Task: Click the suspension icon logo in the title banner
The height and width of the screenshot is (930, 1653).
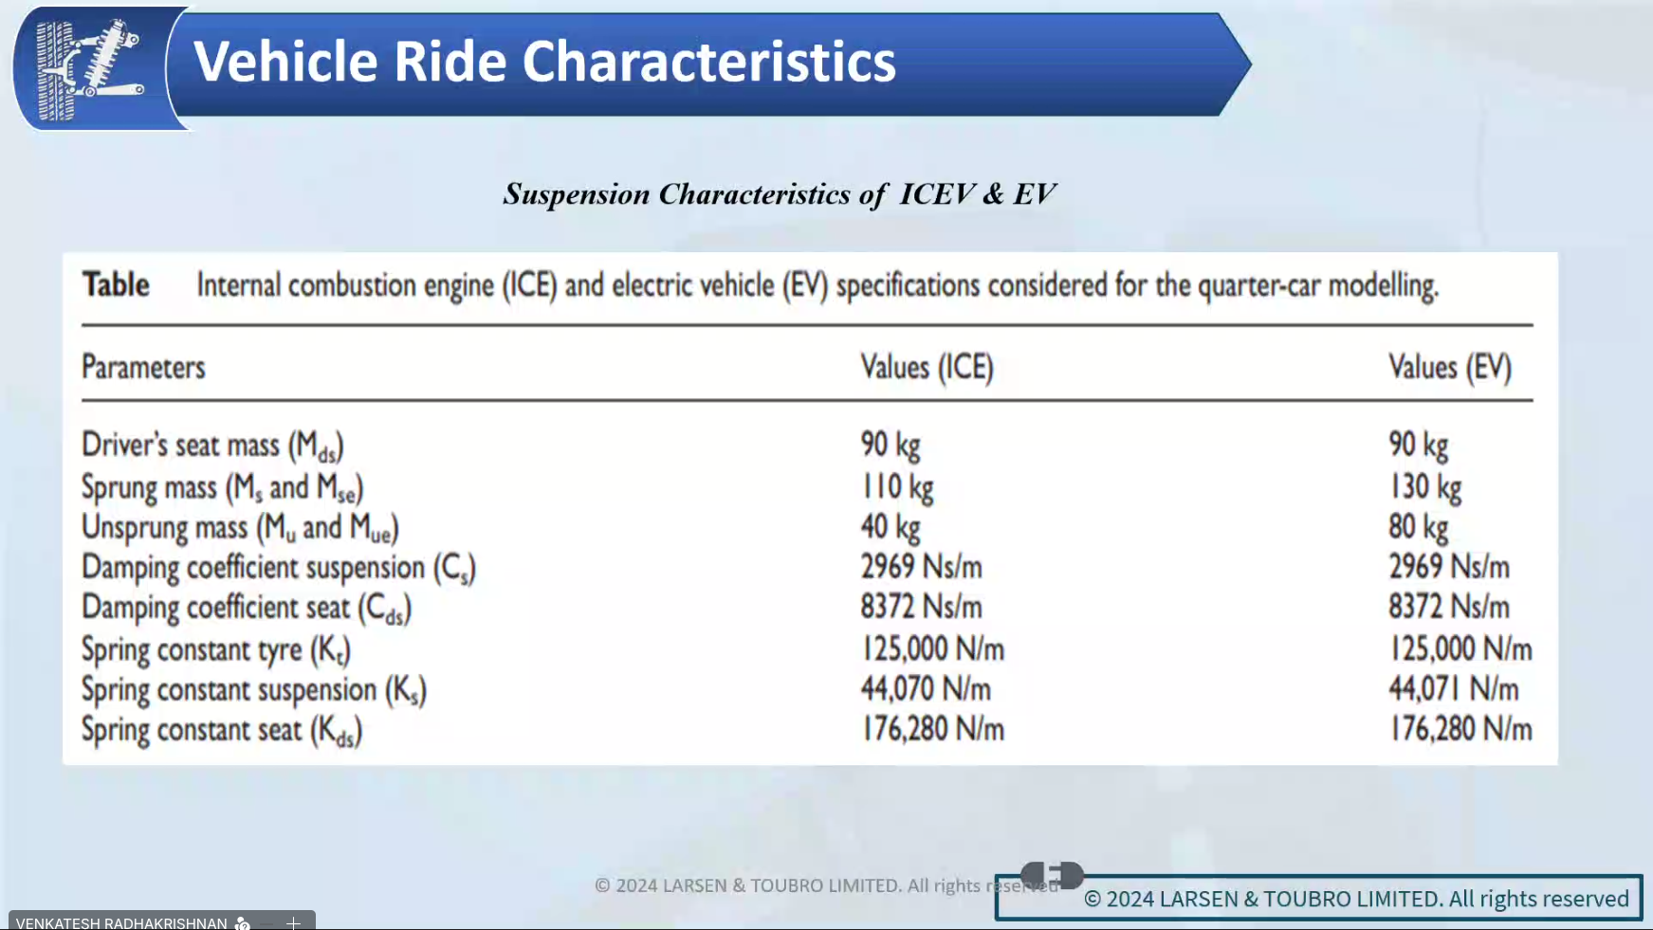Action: (x=90, y=70)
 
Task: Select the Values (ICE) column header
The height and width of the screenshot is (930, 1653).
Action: (x=927, y=367)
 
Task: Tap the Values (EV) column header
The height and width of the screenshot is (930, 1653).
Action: (x=1450, y=367)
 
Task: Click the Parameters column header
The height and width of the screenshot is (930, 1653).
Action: (x=143, y=367)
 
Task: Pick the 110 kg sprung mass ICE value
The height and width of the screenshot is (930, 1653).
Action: (x=897, y=487)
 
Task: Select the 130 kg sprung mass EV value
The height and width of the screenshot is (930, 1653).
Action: (x=1425, y=487)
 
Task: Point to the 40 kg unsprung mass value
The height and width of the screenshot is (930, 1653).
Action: (x=891, y=527)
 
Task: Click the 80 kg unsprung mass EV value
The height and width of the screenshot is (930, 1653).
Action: (x=1419, y=527)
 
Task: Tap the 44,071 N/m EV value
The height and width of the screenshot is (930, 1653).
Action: (x=1454, y=688)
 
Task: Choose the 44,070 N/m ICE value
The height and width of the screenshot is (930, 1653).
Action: (x=926, y=688)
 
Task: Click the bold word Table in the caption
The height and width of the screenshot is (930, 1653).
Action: (x=116, y=284)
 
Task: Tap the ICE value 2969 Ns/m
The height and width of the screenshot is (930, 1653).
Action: (x=922, y=567)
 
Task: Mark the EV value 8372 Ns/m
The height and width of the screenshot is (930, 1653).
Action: (x=1449, y=607)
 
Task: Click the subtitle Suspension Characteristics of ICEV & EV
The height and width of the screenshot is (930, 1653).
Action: (x=779, y=194)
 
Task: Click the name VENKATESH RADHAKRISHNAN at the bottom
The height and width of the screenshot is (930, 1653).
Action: (x=121, y=922)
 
